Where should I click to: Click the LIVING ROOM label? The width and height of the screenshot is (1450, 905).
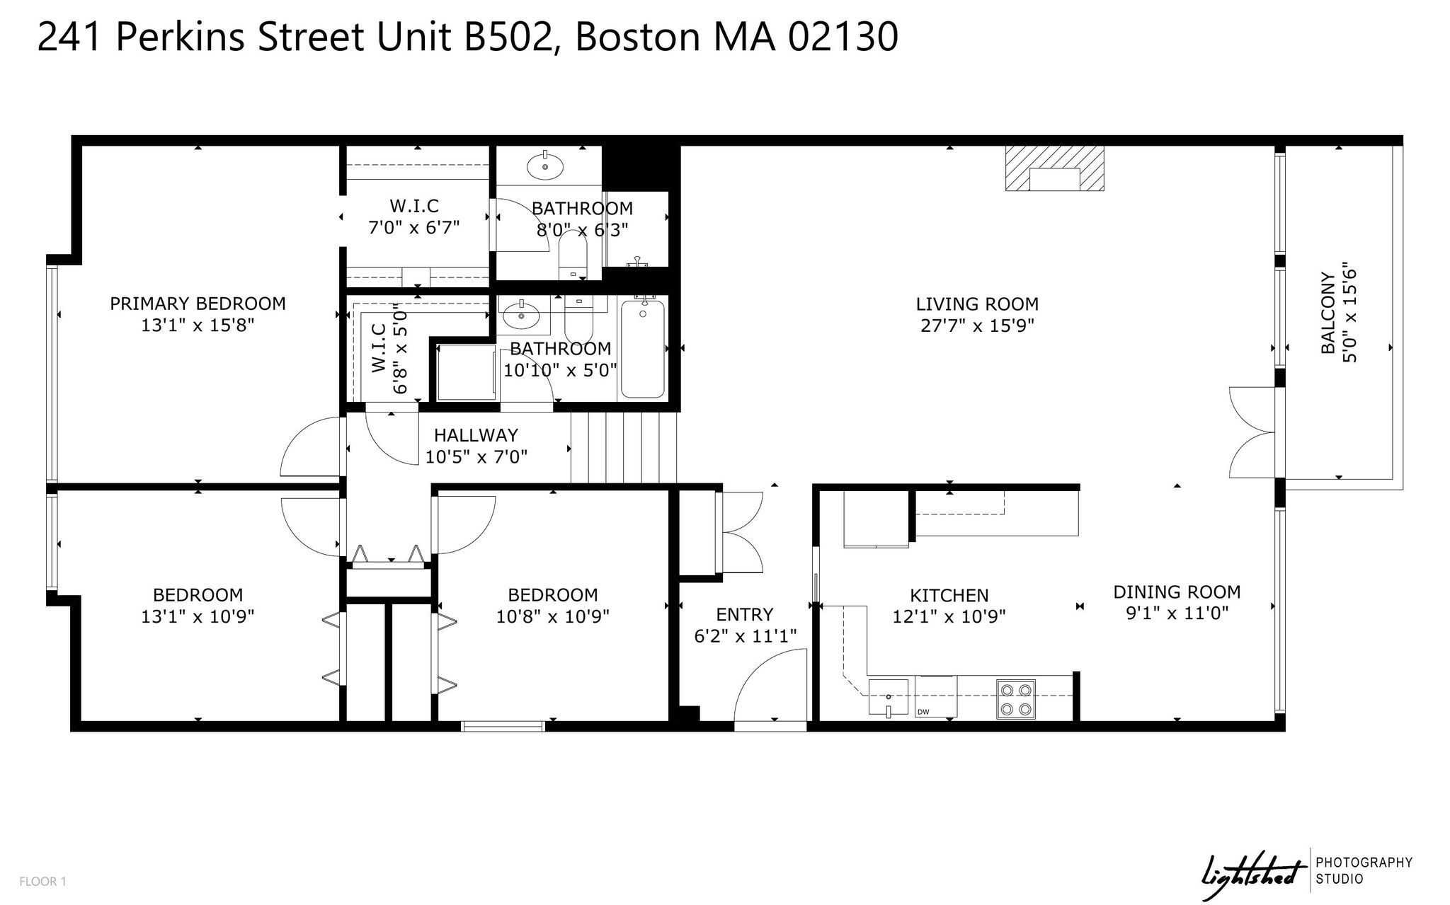tap(977, 304)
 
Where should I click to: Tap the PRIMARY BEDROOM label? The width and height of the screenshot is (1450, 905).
tap(198, 304)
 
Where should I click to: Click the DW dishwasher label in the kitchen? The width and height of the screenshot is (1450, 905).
tap(923, 712)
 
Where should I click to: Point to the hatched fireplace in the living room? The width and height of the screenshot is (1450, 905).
tap(1054, 168)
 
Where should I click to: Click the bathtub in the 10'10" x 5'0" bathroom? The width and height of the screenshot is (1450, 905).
tap(642, 349)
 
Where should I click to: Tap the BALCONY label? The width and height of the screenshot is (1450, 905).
tap(1328, 313)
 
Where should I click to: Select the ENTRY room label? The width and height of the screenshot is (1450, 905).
tap(744, 614)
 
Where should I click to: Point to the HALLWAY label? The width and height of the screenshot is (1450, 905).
tap(476, 435)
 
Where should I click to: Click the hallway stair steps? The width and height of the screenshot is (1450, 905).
tap(624, 448)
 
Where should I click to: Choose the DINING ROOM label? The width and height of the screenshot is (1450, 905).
tap(1177, 592)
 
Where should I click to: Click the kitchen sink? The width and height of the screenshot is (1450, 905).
tap(888, 697)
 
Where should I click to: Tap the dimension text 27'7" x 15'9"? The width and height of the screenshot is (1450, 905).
tap(977, 325)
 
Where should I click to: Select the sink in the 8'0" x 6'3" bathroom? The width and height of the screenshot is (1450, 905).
tap(545, 167)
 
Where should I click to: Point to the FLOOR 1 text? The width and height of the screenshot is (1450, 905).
tap(42, 882)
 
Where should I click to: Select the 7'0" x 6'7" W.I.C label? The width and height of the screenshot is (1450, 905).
tap(414, 217)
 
